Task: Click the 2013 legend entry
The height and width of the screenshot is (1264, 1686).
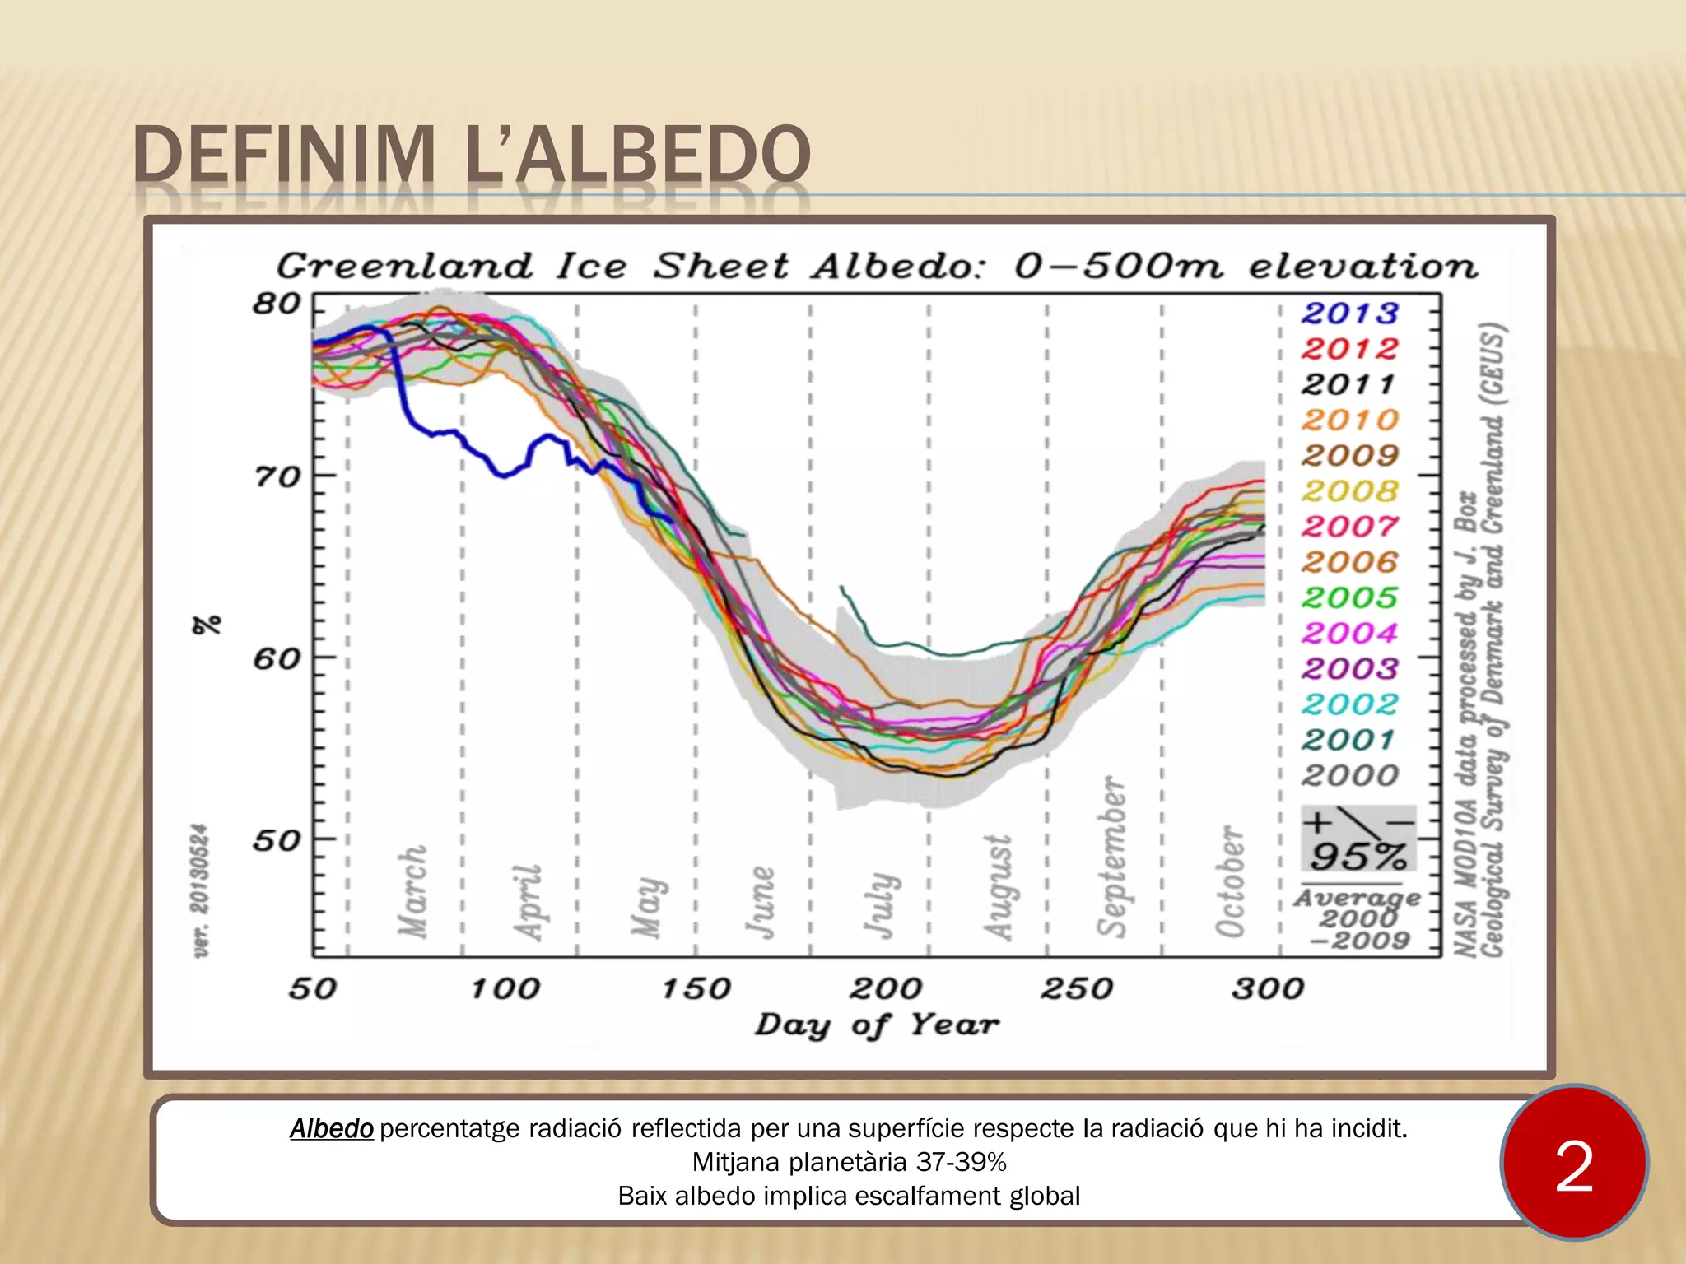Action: (1349, 314)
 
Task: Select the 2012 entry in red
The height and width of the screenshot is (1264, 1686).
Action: (1349, 349)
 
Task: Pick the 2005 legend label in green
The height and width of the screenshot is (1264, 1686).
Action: (1349, 597)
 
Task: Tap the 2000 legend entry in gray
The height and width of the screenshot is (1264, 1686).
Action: (1349, 775)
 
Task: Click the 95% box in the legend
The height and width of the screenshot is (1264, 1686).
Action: (1358, 839)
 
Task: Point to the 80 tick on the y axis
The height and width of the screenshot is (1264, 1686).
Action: (277, 304)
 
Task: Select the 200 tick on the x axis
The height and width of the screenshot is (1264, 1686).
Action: (886, 988)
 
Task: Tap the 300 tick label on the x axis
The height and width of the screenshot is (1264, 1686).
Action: (1268, 988)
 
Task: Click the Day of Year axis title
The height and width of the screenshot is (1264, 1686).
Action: (877, 1025)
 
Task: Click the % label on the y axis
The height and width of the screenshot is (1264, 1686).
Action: (207, 625)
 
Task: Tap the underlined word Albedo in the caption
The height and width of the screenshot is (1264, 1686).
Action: (332, 1128)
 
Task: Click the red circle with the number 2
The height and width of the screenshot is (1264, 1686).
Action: (1573, 1163)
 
